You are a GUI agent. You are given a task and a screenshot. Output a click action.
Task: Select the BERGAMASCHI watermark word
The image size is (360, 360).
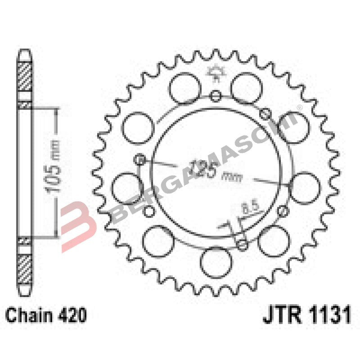tap(202, 166)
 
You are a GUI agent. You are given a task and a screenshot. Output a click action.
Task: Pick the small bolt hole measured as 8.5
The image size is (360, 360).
tap(243, 245)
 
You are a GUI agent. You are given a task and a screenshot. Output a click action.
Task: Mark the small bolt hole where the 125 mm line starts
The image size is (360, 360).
tap(140, 159)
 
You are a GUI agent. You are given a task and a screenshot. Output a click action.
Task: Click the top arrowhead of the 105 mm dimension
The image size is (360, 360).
tap(56, 112)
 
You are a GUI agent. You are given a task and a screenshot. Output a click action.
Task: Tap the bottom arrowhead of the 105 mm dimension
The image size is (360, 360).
tap(56, 232)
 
